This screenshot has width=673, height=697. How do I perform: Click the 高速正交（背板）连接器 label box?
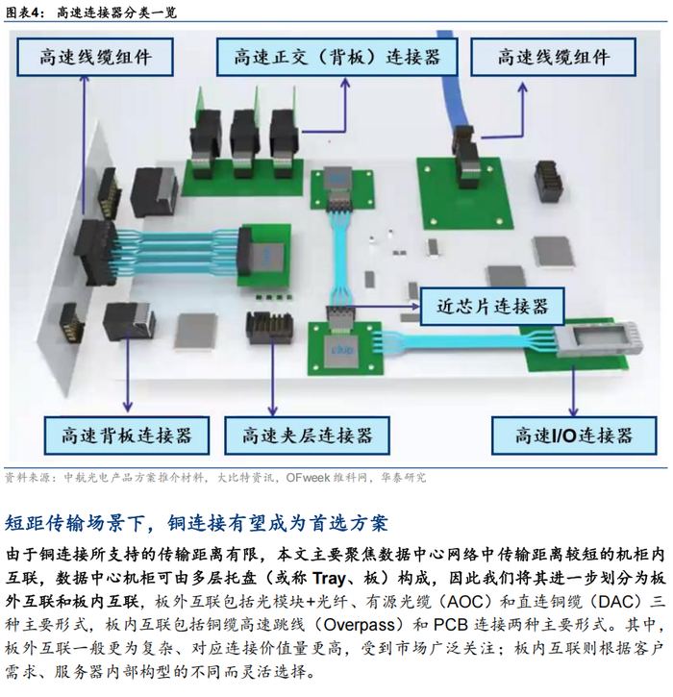(x=336, y=57)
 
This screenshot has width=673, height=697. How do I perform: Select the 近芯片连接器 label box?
(x=492, y=307)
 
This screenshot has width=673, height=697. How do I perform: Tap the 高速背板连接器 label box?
(x=127, y=436)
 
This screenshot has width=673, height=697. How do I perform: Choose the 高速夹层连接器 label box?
(x=307, y=436)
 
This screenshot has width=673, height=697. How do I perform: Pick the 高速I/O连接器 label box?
(x=574, y=436)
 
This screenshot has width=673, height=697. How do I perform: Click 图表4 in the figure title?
(x=25, y=12)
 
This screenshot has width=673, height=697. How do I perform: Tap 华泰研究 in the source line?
(x=404, y=478)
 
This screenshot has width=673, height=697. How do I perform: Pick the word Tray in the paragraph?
(x=329, y=579)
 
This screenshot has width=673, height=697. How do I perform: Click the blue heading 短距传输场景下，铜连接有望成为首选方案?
(x=196, y=523)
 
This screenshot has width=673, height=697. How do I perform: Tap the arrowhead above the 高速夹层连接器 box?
(x=273, y=411)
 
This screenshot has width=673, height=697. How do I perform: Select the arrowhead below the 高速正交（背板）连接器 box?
(x=346, y=83)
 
